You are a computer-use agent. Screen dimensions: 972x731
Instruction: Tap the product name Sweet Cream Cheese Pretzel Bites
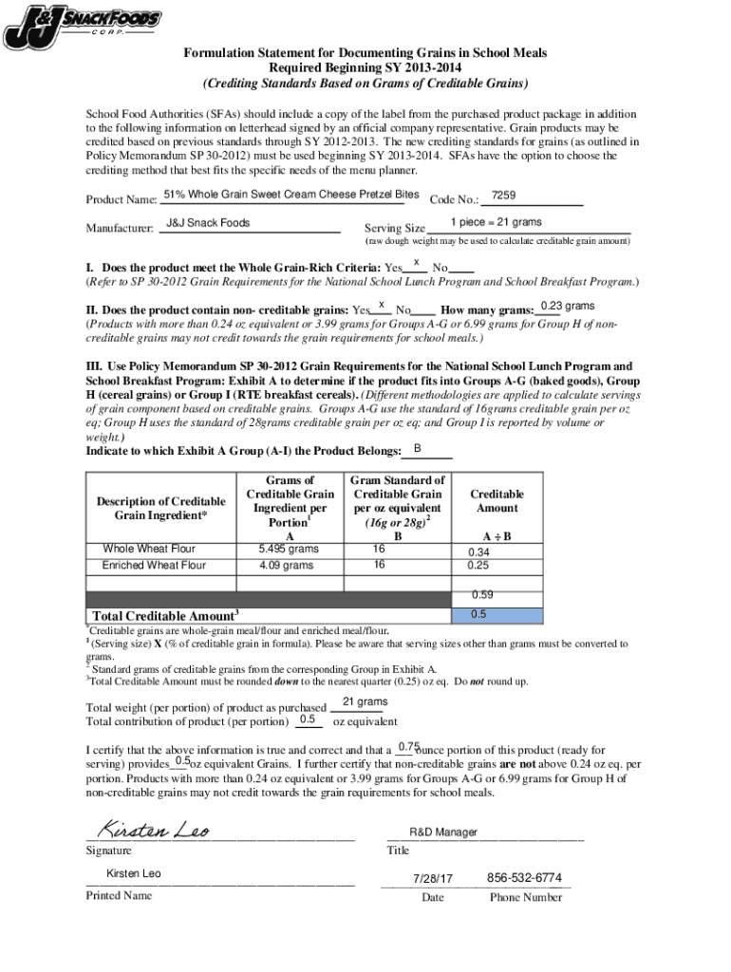coord(291,196)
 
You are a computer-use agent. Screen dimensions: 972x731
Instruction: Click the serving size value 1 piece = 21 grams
coord(496,223)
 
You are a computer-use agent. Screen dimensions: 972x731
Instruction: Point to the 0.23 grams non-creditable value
coord(567,306)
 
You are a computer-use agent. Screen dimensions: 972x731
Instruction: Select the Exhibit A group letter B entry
coord(418,448)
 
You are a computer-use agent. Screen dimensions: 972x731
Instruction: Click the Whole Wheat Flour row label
coord(141,549)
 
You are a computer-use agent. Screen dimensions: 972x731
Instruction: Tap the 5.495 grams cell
coord(289,549)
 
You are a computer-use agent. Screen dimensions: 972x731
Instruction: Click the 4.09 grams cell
coord(285,566)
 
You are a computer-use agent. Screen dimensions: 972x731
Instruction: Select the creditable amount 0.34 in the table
coord(478,552)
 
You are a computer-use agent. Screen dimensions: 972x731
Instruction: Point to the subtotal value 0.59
coord(483,595)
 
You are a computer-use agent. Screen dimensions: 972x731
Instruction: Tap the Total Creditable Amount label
coord(162,616)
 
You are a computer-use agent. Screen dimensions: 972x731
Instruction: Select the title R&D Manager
coord(443,832)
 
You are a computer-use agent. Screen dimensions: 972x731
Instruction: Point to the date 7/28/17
coord(433,878)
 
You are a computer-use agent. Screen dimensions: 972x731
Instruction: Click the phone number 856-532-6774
coord(523,878)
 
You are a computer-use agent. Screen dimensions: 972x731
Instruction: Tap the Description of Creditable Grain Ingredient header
coord(160,508)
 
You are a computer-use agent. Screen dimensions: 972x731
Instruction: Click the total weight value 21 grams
coord(365,702)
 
